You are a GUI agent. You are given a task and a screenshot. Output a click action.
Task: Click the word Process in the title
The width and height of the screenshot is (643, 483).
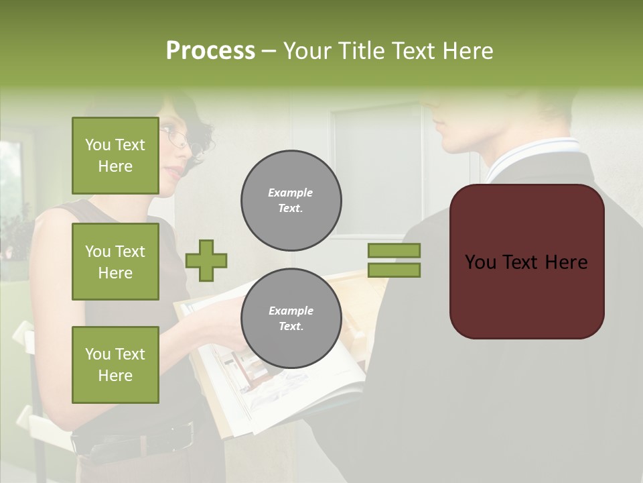(210, 51)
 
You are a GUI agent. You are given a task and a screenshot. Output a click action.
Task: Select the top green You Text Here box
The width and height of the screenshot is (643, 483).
(115, 156)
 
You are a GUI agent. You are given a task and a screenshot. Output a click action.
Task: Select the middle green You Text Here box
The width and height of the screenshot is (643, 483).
(115, 262)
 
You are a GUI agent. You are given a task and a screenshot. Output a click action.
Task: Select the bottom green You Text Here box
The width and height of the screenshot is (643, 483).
(115, 364)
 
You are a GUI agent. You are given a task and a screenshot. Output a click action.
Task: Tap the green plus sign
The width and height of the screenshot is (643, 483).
(206, 260)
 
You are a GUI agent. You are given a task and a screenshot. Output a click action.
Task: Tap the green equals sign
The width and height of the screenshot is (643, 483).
(394, 260)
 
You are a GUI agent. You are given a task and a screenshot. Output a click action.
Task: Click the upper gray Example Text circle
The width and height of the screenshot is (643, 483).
(291, 201)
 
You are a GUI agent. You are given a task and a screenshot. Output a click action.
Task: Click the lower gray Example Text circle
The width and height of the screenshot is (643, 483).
(291, 318)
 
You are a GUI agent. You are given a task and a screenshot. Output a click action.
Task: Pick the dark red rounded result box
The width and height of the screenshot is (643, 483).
(526, 262)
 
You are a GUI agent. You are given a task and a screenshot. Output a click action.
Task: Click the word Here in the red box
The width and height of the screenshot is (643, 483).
(566, 262)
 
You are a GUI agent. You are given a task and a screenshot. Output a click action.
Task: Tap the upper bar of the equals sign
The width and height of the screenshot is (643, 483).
(394, 250)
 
